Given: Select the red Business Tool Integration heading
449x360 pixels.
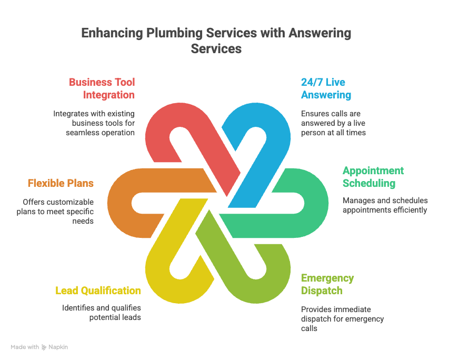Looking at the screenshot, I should coord(102,88).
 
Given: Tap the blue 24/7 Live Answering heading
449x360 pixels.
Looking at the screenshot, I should coord(326,88).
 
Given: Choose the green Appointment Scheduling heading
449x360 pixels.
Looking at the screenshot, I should coord(373,177).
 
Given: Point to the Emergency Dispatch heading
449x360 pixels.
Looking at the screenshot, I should coord(327,284).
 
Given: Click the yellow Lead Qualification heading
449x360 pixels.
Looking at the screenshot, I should coord(98,291).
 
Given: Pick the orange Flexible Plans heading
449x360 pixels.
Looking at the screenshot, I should coord(61,183).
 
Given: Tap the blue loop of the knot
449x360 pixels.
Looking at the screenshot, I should coord(274,126).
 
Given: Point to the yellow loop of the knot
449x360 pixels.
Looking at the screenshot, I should coord(158,274).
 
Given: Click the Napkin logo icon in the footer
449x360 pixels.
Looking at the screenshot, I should coord(44,347).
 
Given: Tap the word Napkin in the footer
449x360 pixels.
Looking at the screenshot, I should coord(58,347).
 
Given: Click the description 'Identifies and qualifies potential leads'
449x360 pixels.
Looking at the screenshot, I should coord(102,313).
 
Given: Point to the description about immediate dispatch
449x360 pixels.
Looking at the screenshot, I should coord(342,319).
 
